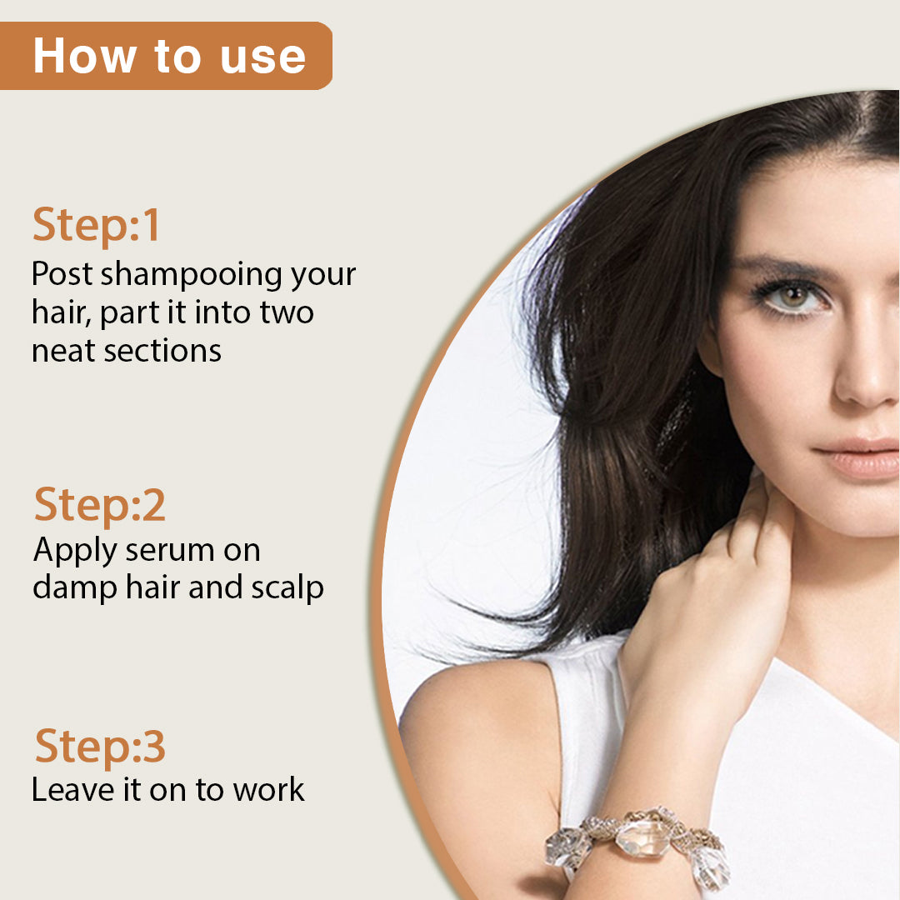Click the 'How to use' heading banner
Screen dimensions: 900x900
167,56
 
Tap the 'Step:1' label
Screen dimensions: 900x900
96,226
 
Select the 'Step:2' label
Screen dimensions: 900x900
99,506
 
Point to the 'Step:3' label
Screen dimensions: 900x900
99,746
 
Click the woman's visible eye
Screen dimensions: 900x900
792,297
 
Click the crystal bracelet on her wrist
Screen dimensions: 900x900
642,842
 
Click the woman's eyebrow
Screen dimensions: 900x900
783,267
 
